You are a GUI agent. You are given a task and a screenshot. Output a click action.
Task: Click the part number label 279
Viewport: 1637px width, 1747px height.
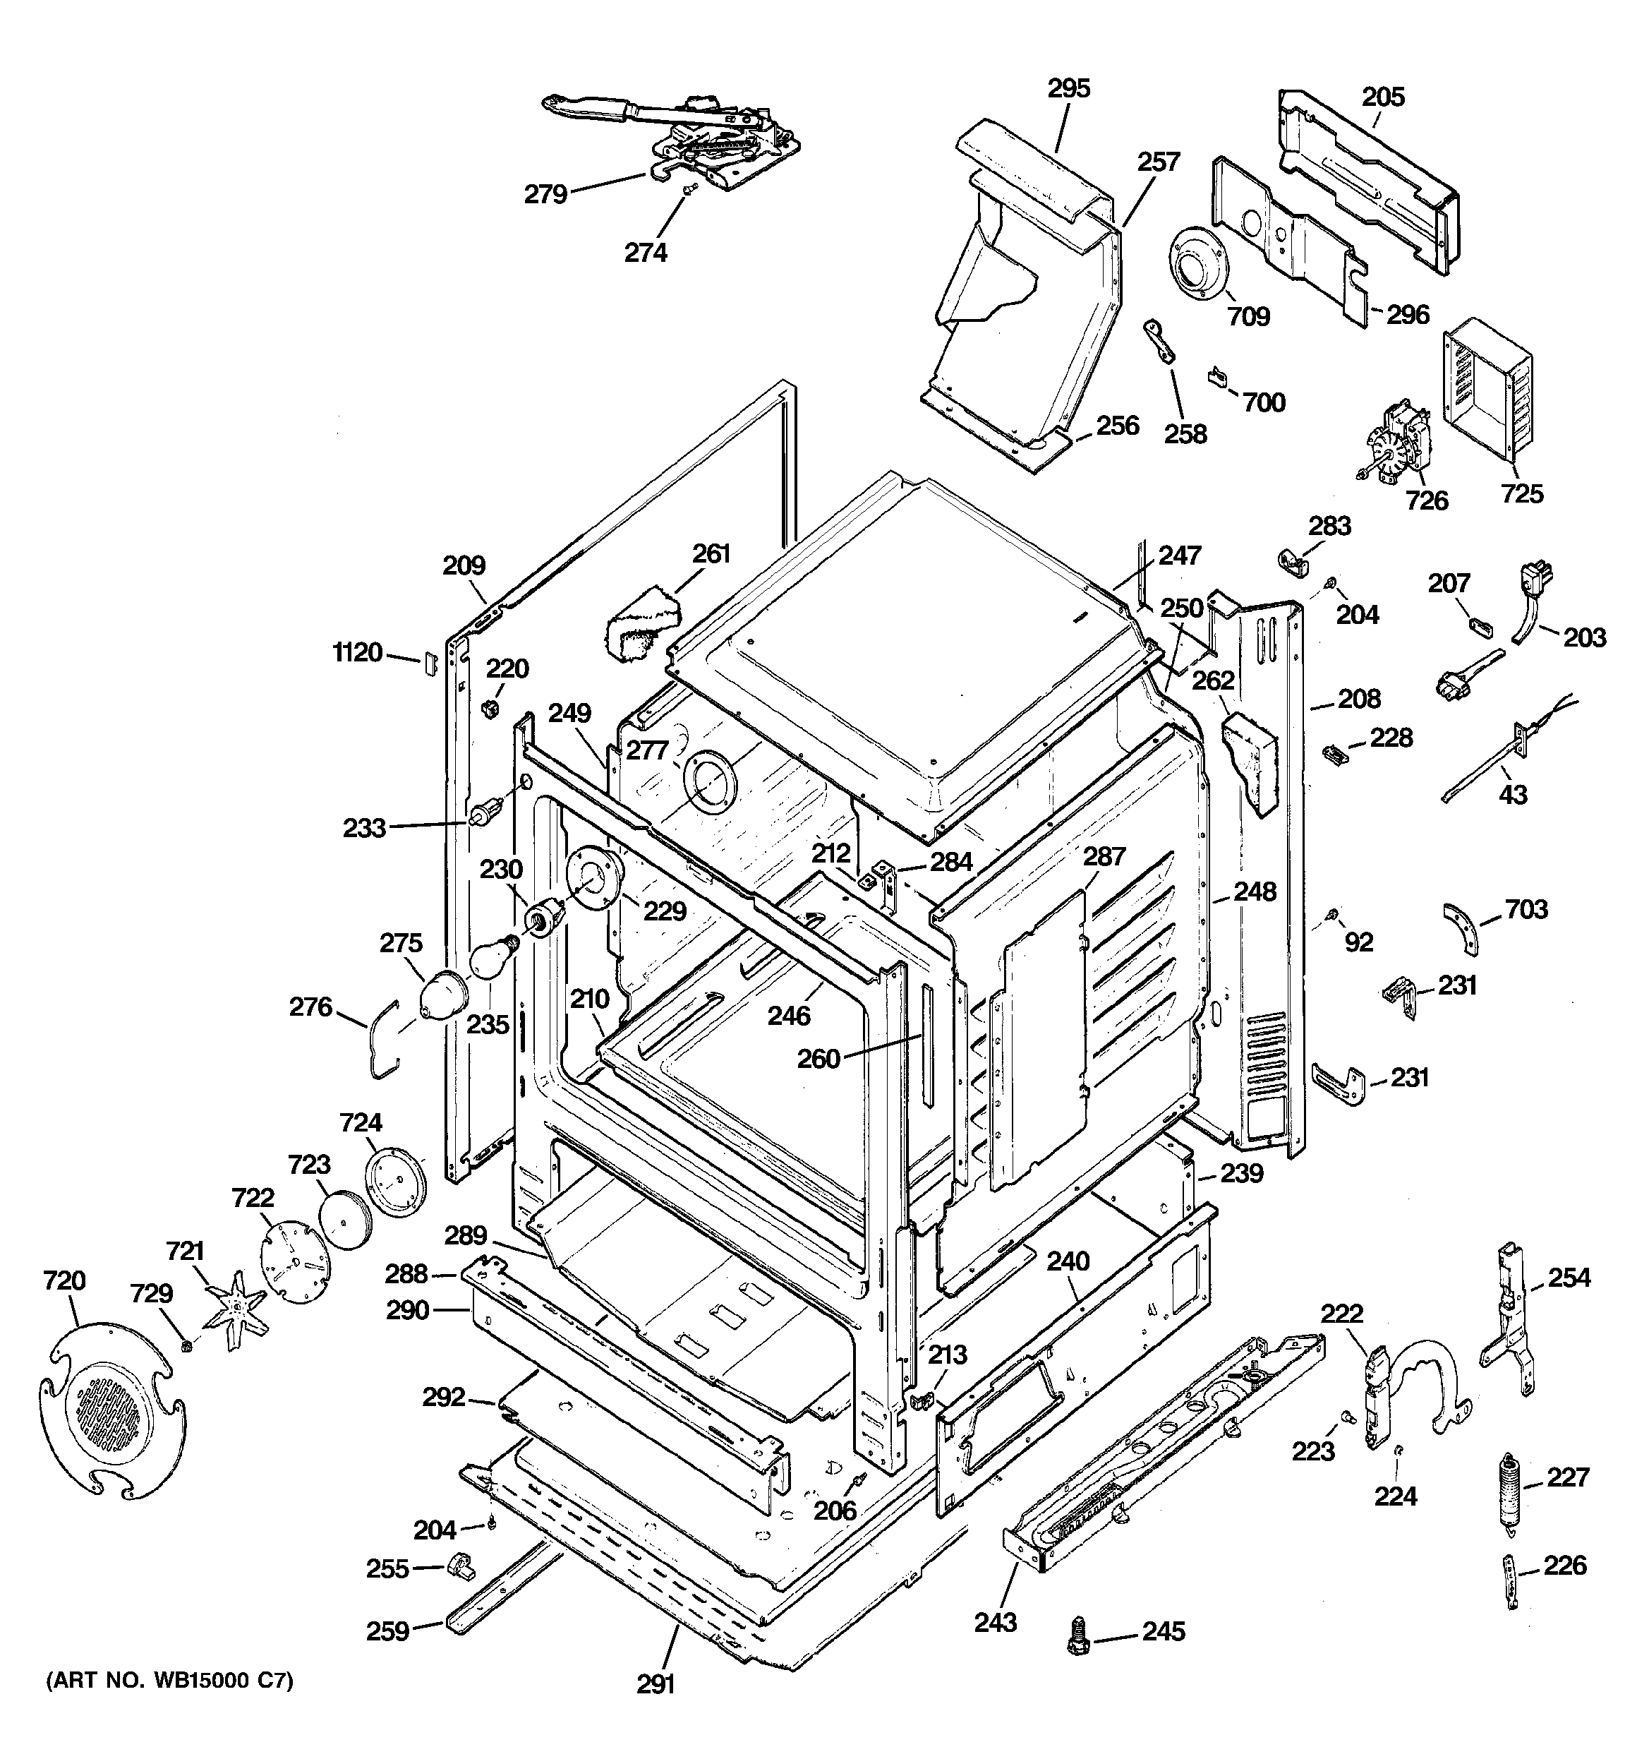click(x=545, y=194)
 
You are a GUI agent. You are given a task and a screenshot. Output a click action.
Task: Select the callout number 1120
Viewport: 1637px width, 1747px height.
click(x=358, y=653)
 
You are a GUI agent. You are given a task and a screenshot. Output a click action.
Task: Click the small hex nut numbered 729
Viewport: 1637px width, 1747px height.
click(x=186, y=1345)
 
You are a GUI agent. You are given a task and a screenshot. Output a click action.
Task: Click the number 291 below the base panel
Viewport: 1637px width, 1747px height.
click(x=656, y=1683)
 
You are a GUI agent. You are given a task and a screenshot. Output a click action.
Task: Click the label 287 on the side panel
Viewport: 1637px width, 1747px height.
click(x=1104, y=856)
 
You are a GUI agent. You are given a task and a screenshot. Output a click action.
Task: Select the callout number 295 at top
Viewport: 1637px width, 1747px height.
click(x=1068, y=89)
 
